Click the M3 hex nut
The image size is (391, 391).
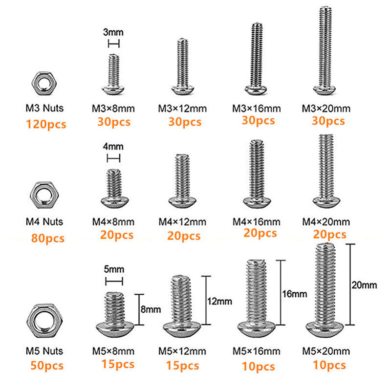pyautogui.click(x=45, y=84)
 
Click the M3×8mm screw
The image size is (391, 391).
pyautogui.click(x=113, y=75)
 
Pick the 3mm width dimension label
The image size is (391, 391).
pyautogui.click(x=113, y=33)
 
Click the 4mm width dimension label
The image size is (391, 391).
pyautogui.click(x=113, y=147)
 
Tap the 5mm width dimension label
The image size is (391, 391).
pyautogui.click(x=113, y=269)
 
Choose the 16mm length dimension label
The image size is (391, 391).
pyautogui.click(x=295, y=294)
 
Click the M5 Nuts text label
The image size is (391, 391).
pyautogui.click(x=45, y=351)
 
